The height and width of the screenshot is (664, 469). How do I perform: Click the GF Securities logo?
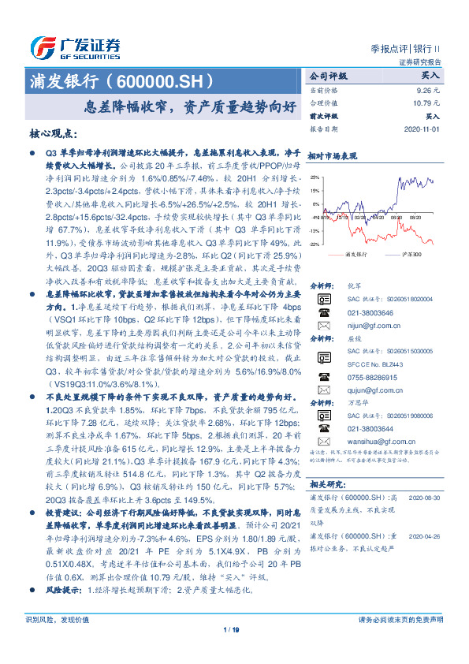coord(74,47)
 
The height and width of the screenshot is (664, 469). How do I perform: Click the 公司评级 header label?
coord(329,77)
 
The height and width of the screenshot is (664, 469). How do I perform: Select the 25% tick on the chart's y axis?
coord(315,178)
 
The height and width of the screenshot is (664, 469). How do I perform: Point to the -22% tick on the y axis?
coord(315,244)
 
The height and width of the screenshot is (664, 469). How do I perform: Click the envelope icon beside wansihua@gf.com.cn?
coord(324,445)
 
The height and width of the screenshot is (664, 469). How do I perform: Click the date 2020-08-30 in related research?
coord(425,498)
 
